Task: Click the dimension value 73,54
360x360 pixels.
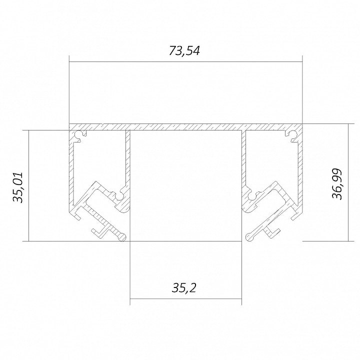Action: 184,51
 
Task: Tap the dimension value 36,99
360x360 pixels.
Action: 337,184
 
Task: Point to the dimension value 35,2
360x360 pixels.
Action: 184,288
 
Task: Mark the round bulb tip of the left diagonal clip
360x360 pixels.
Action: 122,236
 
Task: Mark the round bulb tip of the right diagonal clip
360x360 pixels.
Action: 249,236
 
